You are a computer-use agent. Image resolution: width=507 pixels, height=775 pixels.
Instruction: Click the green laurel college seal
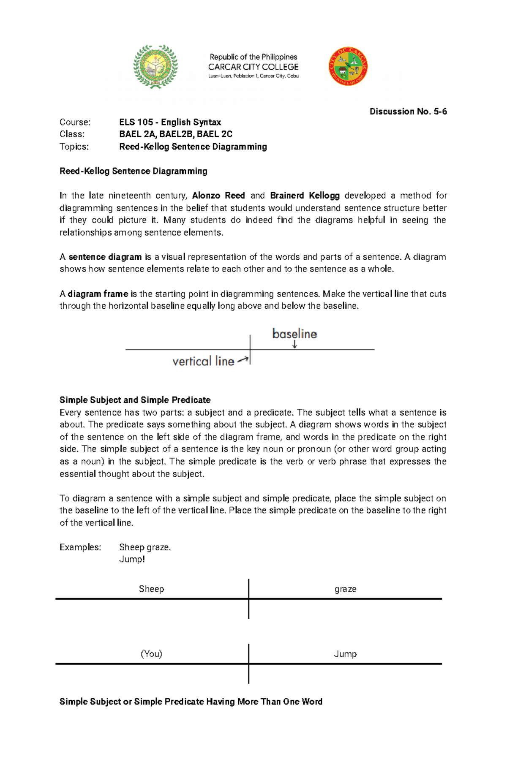coord(155,67)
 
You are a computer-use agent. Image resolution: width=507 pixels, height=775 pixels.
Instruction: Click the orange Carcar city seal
coord(348,67)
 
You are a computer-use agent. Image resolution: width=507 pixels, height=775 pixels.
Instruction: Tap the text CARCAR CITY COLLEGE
coord(253,67)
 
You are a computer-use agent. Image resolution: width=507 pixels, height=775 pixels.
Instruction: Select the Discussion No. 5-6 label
coord(408,111)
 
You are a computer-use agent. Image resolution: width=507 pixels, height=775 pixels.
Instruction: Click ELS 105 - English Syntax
coord(170,122)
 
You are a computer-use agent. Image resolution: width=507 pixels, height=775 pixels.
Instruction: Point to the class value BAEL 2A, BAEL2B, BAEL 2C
coord(175,134)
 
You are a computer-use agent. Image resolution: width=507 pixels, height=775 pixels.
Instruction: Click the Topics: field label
coord(74,147)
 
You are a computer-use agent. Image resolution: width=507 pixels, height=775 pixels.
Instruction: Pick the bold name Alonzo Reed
coord(218,196)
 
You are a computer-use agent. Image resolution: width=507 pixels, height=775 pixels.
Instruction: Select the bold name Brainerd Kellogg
coord(305,196)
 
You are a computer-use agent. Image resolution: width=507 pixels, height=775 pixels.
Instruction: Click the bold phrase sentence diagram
coord(105,257)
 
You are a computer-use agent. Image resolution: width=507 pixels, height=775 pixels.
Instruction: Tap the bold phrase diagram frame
coord(98,294)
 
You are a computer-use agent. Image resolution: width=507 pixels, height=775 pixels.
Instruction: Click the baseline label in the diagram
coord(294,334)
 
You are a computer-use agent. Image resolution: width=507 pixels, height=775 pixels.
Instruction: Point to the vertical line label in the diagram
coord(203,361)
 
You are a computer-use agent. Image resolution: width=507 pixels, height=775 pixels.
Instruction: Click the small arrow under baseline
coord(294,345)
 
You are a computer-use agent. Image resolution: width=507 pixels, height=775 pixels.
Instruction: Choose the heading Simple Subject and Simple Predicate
coord(135,400)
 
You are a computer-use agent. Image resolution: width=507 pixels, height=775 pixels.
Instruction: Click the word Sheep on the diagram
coord(151,589)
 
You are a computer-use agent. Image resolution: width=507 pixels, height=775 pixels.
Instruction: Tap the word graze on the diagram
coord(345,589)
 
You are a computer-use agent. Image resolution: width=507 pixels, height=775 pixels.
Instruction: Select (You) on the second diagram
coord(151,654)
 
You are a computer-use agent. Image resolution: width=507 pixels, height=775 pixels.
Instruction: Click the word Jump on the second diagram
coord(345,654)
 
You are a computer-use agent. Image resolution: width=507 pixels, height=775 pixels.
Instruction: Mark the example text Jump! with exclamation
coord(132,559)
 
